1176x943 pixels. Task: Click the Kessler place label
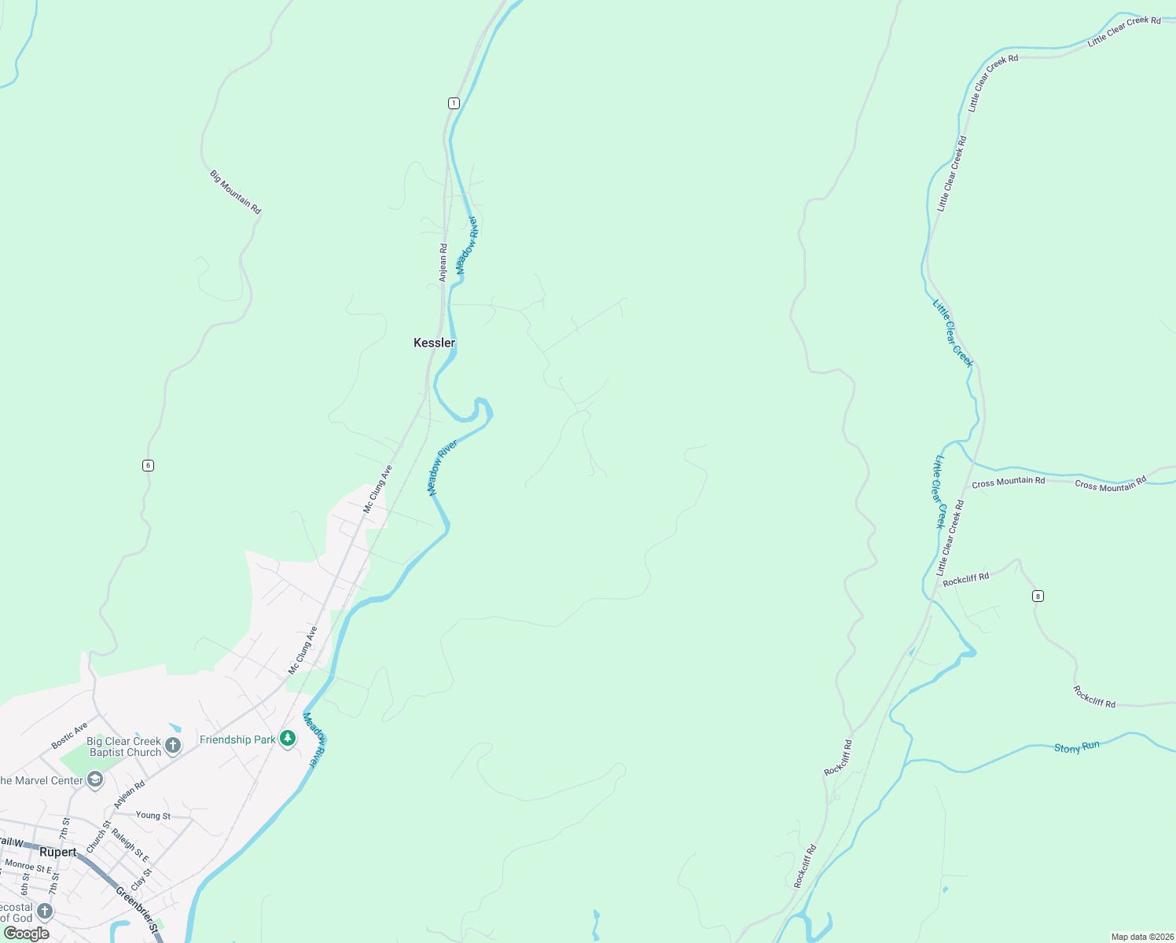tap(434, 343)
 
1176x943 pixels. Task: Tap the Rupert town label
tap(58, 853)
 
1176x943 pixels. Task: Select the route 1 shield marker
tap(454, 104)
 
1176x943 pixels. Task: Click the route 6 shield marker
tap(148, 465)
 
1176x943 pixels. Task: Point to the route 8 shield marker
tap(1038, 596)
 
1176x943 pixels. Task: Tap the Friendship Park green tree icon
tap(288, 739)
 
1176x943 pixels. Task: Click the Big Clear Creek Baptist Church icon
tap(173, 745)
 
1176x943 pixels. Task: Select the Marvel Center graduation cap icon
tap(95, 780)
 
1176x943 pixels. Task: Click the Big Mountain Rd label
tap(235, 193)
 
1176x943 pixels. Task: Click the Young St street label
tap(153, 816)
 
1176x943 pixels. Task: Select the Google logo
tap(26, 934)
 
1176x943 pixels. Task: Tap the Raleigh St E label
tap(130, 845)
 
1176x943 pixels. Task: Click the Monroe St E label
tap(28, 867)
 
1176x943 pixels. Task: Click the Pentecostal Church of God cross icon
tap(45, 911)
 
